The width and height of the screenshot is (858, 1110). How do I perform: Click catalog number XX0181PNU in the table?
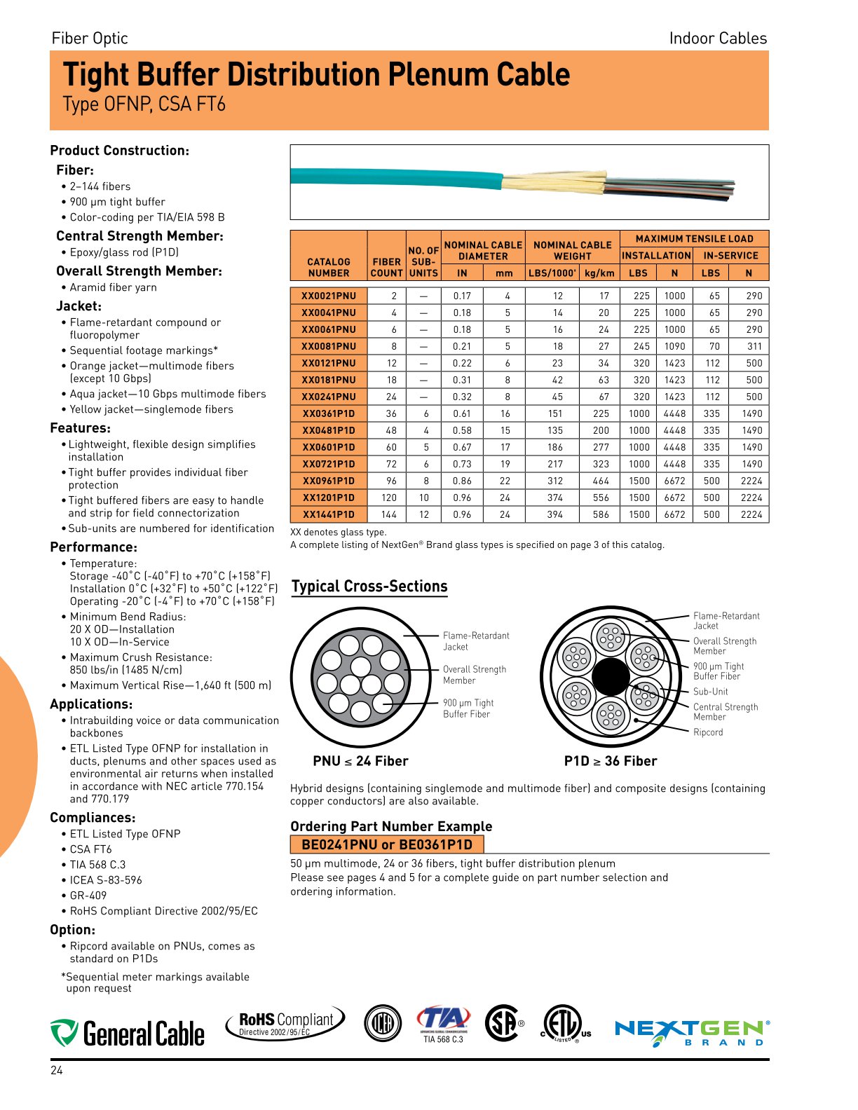[329, 380]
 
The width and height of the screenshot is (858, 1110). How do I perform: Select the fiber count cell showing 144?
[389, 514]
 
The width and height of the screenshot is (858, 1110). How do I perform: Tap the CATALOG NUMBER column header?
[329, 267]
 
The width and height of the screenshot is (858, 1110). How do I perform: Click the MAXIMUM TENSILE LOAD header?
[694, 239]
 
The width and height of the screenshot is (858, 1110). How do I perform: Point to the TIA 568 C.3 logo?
[443, 1025]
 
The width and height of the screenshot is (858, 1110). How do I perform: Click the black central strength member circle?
[611, 677]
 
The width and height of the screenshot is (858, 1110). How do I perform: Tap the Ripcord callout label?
[708, 732]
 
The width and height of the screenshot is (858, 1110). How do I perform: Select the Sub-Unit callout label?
[710, 692]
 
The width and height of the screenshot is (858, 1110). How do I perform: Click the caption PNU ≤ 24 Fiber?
[360, 761]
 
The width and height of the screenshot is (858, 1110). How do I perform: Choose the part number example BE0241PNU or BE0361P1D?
[387, 844]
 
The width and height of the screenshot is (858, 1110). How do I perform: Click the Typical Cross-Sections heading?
[369, 587]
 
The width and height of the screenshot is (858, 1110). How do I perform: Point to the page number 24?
[57, 1070]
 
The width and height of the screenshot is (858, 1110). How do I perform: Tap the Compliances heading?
[93, 818]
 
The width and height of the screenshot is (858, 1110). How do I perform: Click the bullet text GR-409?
[88, 896]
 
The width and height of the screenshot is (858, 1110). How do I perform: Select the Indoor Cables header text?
[718, 39]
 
